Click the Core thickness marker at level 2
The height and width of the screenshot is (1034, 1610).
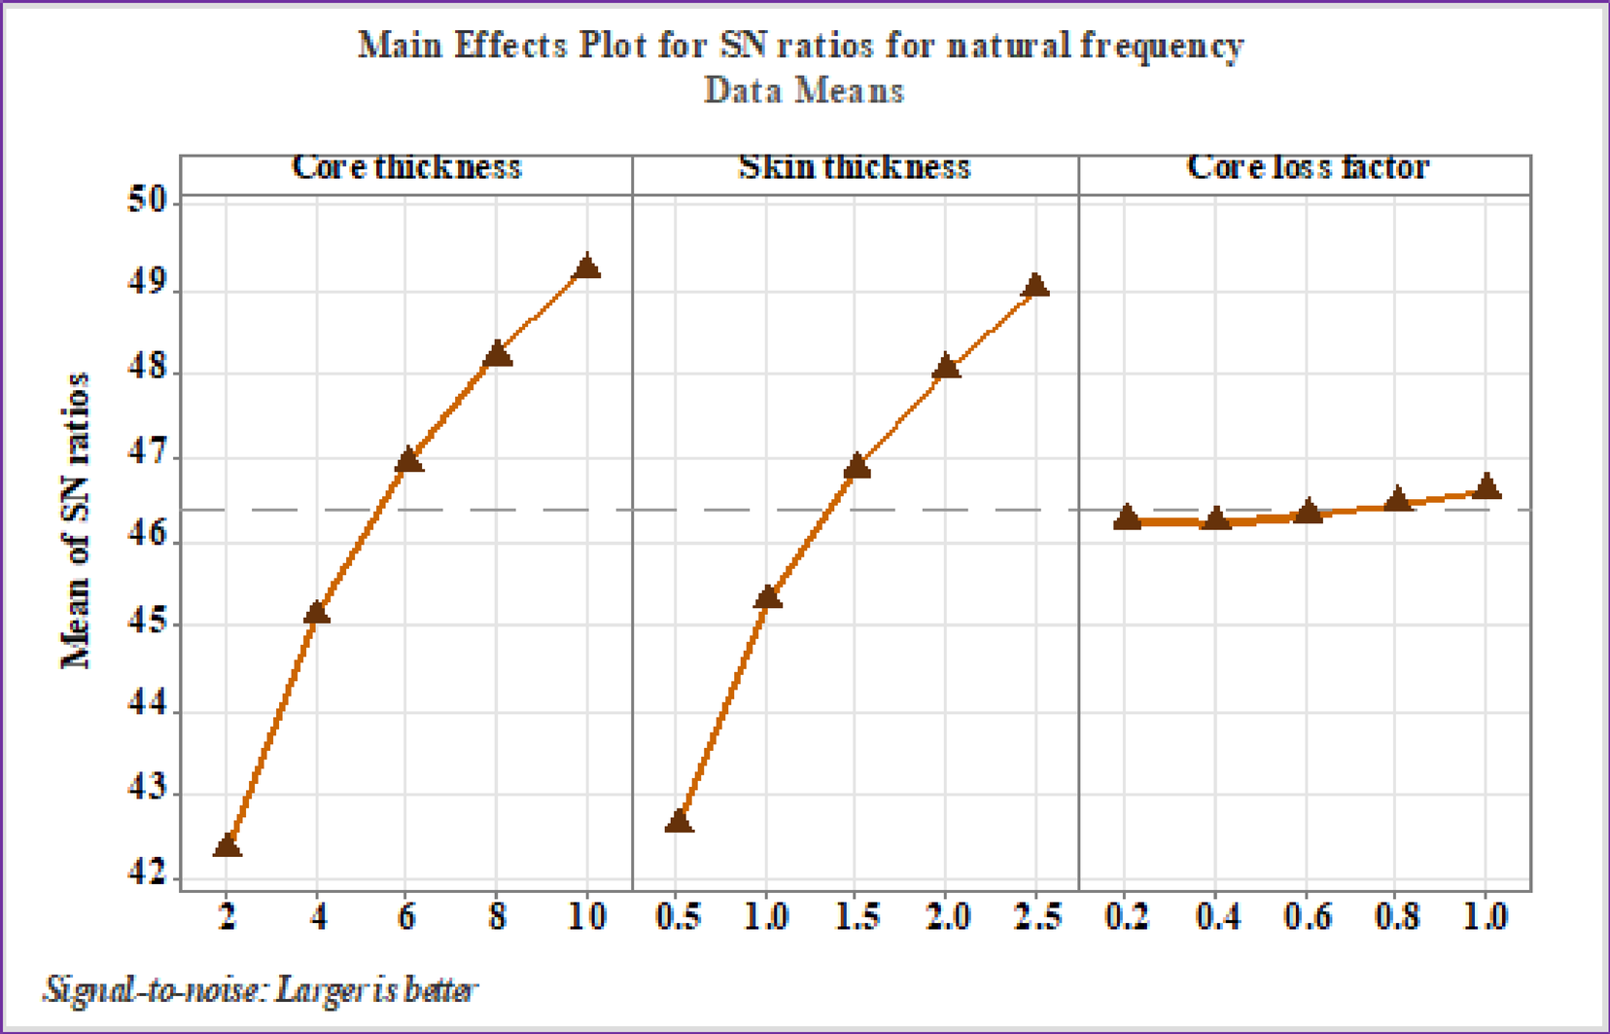pyautogui.click(x=227, y=845)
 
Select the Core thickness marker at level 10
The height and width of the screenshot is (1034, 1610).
pyautogui.click(x=586, y=267)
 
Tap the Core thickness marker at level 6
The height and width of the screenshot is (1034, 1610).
pyautogui.click(x=408, y=460)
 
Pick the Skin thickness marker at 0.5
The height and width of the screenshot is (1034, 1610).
pyautogui.click(x=679, y=822)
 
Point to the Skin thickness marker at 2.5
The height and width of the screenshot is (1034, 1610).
pyautogui.click(x=1035, y=286)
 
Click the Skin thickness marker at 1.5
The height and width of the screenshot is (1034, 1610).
pyautogui.click(x=857, y=467)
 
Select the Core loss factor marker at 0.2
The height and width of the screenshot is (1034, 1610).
pyautogui.click(x=1127, y=517)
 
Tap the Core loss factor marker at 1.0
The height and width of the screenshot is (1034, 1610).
pyautogui.click(x=1486, y=486)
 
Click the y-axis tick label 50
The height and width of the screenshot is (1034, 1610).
pyautogui.click(x=147, y=201)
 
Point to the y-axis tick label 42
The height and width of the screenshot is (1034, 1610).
pyautogui.click(x=147, y=874)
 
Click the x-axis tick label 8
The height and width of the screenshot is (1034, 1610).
pyautogui.click(x=497, y=916)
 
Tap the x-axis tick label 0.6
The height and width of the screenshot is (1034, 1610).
pyautogui.click(x=1308, y=916)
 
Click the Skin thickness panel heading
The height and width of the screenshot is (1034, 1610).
pyautogui.click(x=855, y=167)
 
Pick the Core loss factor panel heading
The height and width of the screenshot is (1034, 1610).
pyautogui.click(x=1308, y=167)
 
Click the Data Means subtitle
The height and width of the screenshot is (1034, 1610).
pyautogui.click(x=804, y=90)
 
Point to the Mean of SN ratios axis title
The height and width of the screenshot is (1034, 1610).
pyautogui.click(x=76, y=520)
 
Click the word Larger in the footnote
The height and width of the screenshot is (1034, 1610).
pyautogui.click(x=317, y=990)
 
